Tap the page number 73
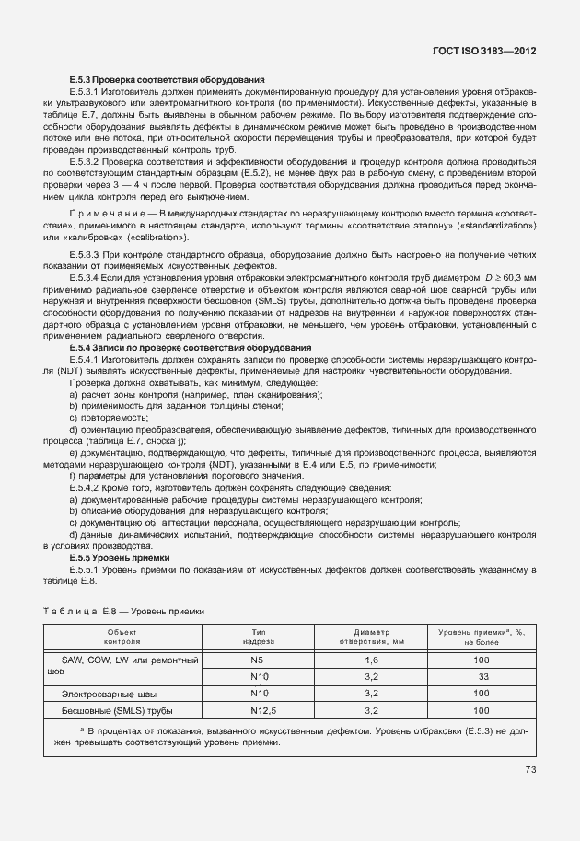(x=530, y=770)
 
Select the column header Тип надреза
(x=259, y=637)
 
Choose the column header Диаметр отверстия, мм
(x=372, y=637)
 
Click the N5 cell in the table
(x=259, y=660)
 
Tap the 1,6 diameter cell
(x=372, y=660)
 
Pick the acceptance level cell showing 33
(x=481, y=676)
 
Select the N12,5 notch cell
(x=259, y=710)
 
